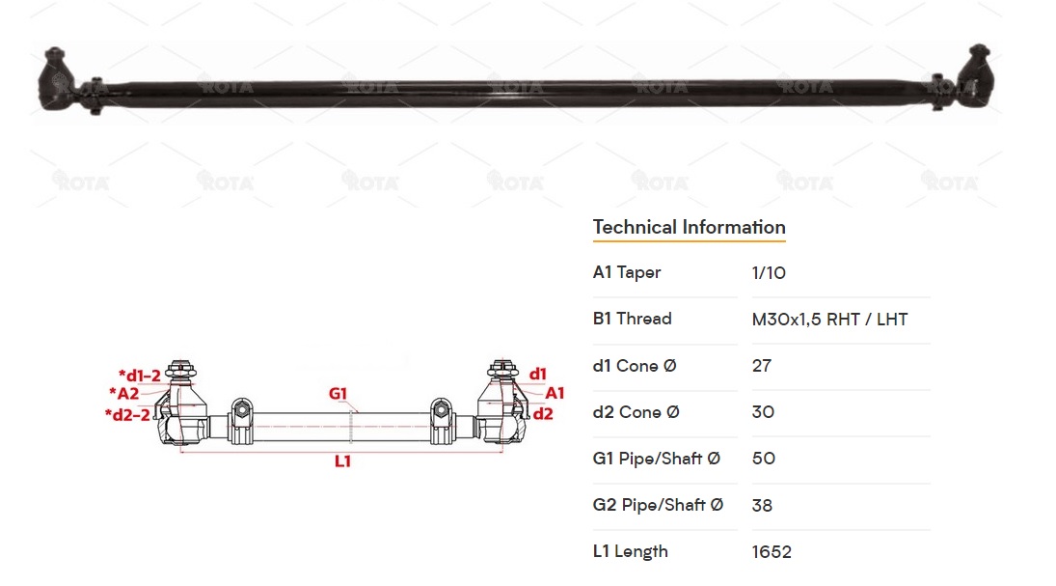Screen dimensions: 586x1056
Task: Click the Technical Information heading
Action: point(689,228)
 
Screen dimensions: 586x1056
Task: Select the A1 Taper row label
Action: point(627,273)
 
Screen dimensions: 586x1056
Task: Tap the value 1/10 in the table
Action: point(769,273)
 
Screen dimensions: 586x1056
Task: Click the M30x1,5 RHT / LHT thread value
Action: point(829,320)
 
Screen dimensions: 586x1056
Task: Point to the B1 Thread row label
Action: point(632,320)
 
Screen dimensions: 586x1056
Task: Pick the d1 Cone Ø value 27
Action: point(762,366)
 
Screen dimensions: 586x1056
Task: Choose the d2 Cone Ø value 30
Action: point(763,412)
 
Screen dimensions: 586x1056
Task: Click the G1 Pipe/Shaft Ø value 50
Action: point(763,459)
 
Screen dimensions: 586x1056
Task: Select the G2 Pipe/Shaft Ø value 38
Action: point(762,505)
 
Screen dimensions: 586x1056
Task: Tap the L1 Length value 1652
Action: point(772,552)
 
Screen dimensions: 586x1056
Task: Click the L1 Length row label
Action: point(630,552)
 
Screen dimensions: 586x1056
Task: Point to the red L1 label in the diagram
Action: point(342,461)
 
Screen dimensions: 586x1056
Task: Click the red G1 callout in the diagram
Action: point(338,394)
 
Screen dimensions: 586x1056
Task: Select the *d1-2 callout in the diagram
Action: point(140,376)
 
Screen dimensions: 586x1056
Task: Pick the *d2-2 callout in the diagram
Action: point(127,414)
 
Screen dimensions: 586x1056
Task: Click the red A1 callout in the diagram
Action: point(555,393)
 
